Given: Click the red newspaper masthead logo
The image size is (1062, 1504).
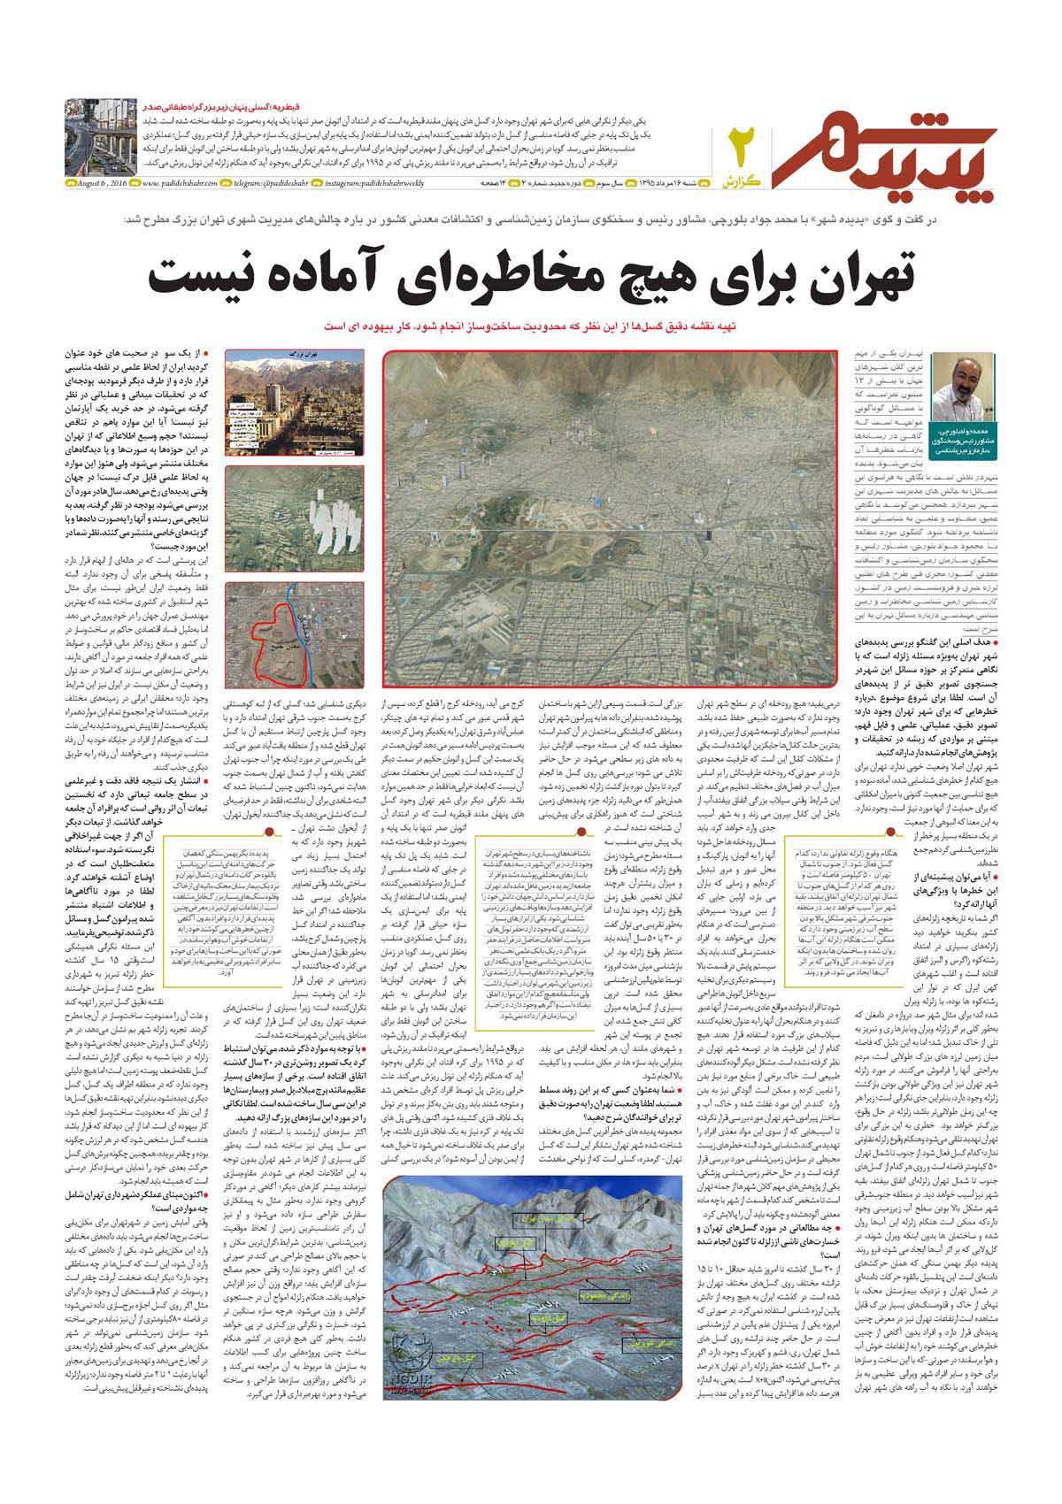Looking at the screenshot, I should click(x=885, y=142).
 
